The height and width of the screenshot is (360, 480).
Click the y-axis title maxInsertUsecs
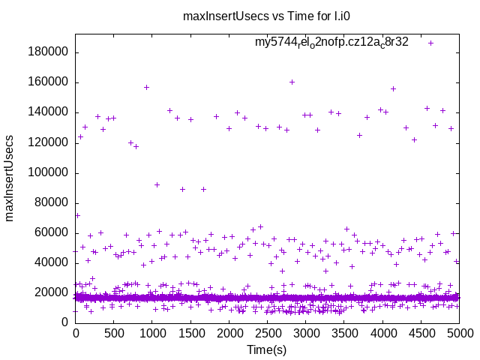[x=10, y=178]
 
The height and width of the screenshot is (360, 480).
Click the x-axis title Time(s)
[x=267, y=349]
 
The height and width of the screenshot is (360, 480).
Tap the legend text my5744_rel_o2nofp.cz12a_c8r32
[x=331, y=42]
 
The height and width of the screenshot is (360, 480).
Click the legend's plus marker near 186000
[x=430, y=43]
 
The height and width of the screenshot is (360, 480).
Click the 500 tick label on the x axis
[x=113, y=334]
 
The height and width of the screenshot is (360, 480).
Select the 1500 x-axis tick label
[x=190, y=334]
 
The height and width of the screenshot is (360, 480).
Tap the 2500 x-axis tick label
[x=267, y=334]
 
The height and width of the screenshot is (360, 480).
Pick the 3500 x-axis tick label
[x=344, y=334]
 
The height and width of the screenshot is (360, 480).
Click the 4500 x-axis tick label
[x=421, y=334]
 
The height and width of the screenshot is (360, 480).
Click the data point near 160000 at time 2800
[x=292, y=82]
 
